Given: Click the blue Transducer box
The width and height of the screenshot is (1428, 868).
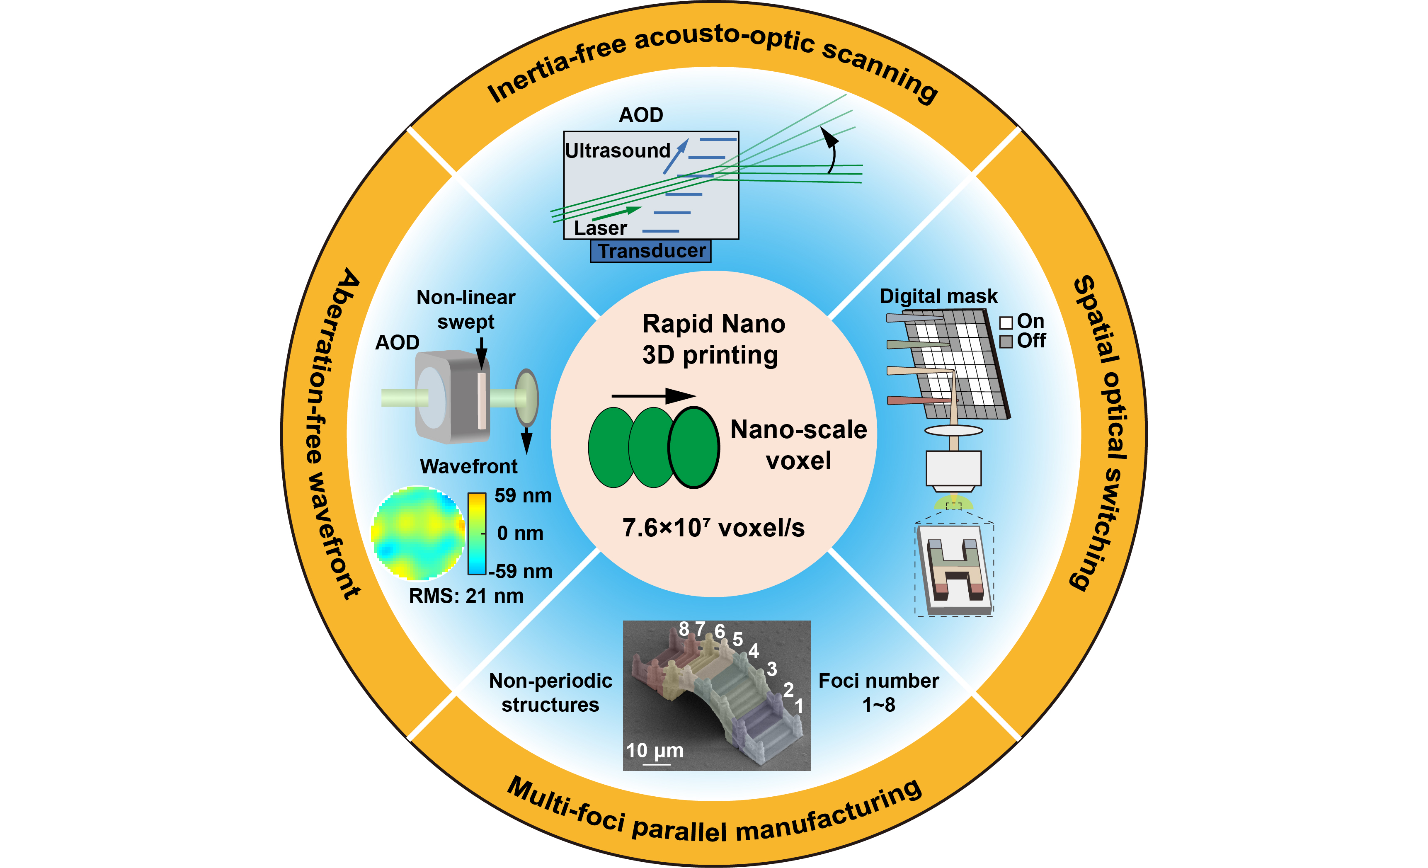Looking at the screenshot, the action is [x=650, y=251].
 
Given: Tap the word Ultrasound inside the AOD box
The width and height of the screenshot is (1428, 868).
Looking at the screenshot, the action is [x=617, y=150].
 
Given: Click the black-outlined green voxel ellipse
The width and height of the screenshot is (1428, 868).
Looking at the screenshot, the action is [x=694, y=447].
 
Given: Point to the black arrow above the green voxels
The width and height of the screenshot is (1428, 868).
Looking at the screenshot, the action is [x=654, y=396].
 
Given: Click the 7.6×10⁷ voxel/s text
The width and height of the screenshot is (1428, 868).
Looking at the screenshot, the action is [x=713, y=528].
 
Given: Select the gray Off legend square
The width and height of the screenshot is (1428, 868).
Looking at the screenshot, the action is [x=1006, y=341].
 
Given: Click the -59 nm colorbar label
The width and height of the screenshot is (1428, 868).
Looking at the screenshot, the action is [x=521, y=571].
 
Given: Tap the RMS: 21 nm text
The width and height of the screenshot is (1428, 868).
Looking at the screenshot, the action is [x=466, y=596].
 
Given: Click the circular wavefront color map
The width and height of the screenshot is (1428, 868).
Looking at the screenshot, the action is [x=418, y=533].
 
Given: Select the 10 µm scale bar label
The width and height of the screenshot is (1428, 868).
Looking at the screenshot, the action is [x=654, y=750].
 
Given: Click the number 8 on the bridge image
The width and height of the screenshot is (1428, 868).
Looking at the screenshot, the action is [x=684, y=629].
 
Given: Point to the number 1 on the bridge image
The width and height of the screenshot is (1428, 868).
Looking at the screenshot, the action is [x=799, y=706].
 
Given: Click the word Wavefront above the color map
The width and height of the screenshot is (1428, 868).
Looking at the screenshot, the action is [x=468, y=466].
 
